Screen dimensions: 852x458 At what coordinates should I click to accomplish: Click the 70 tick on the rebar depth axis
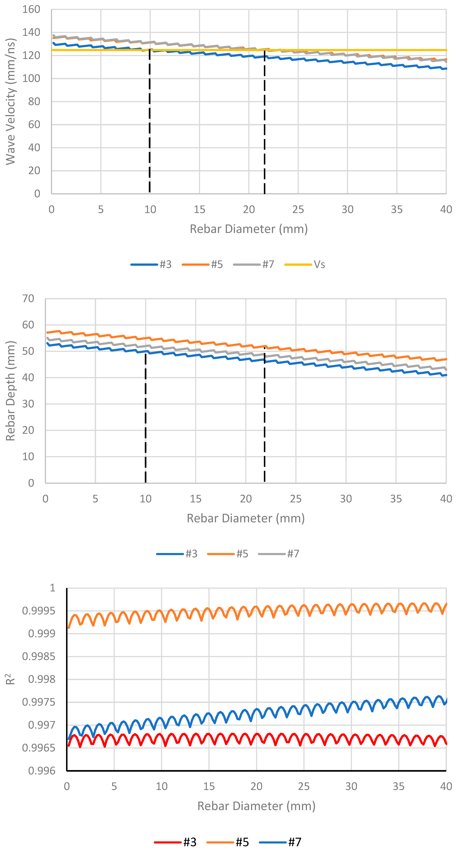(28, 299)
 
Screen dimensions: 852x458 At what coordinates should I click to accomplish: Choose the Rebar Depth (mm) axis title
(11, 391)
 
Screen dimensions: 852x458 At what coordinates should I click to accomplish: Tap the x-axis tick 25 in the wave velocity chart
(298, 210)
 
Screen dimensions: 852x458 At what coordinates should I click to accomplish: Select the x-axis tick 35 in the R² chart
(398, 786)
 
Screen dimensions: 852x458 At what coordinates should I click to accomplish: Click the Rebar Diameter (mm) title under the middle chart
(246, 518)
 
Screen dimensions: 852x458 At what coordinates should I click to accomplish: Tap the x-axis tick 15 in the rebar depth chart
(196, 499)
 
